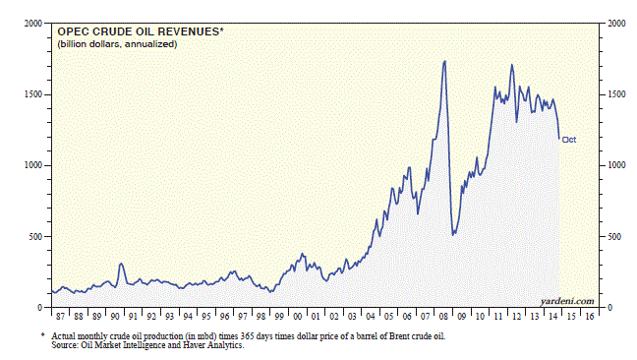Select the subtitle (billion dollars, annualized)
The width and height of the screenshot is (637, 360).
[117, 44]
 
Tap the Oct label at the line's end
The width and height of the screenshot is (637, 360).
[569, 140]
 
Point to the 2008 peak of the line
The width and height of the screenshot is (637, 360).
[444, 61]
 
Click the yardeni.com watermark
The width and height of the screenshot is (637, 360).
[567, 301]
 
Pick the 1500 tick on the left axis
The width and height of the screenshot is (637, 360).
[33, 94]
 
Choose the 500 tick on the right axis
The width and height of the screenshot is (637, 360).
[614, 237]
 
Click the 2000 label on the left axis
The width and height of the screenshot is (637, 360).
[33, 24]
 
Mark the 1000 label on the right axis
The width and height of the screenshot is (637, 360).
[616, 165]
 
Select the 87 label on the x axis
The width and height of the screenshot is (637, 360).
[61, 317]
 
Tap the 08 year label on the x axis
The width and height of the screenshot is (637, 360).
[443, 317]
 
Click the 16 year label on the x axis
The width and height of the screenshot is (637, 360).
[590, 317]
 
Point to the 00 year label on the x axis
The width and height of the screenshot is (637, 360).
[298, 317]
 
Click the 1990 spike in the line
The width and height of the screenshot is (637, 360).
[121, 265]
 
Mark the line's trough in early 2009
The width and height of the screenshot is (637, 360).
[453, 234]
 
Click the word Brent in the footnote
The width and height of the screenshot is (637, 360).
[400, 336]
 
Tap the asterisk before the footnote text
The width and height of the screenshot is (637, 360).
[42, 334]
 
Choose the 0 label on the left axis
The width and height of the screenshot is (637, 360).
[39, 308]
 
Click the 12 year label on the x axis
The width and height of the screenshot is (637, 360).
[516, 317]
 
